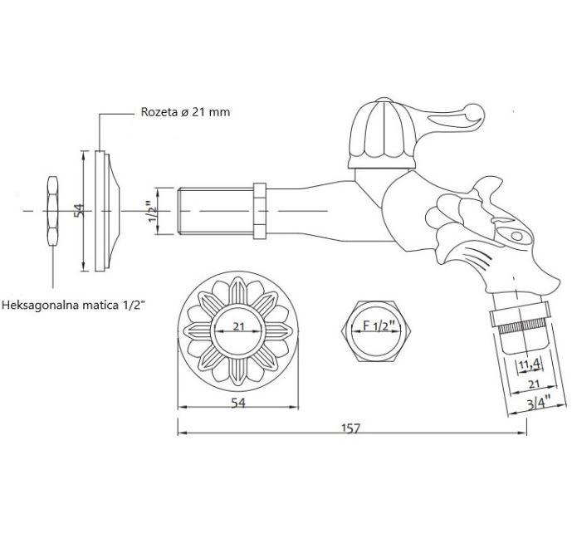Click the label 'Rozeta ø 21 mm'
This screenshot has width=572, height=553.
[185, 111]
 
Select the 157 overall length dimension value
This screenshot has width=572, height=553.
[351, 428]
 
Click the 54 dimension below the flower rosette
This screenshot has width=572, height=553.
[238, 403]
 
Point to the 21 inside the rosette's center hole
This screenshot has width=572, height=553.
[238, 326]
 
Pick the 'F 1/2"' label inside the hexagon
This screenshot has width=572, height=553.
[379, 325]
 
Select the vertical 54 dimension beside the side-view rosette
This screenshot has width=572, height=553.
[79, 211]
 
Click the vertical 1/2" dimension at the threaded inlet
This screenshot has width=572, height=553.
[153, 212]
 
